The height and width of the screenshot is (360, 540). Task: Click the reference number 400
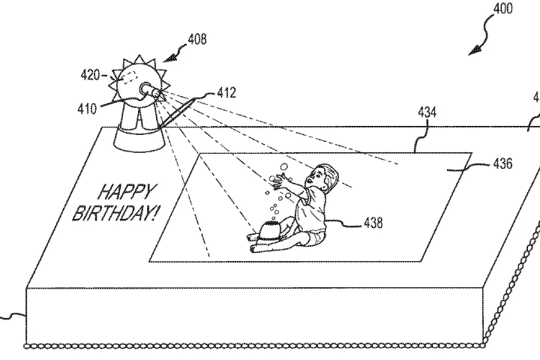click(x=504, y=10)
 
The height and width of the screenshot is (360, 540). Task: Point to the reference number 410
click(x=86, y=109)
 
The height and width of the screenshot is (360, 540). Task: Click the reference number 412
click(x=226, y=93)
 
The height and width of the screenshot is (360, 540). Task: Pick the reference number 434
click(x=427, y=112)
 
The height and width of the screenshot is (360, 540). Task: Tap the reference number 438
click(x=373, y=223)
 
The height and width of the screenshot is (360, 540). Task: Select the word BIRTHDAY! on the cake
click(x=115, y=213)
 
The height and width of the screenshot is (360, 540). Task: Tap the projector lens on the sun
click(x=151, y=91)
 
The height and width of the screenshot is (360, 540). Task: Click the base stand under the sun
click(x=139, y=135)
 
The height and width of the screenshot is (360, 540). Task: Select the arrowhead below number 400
click(x=473, y=52)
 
